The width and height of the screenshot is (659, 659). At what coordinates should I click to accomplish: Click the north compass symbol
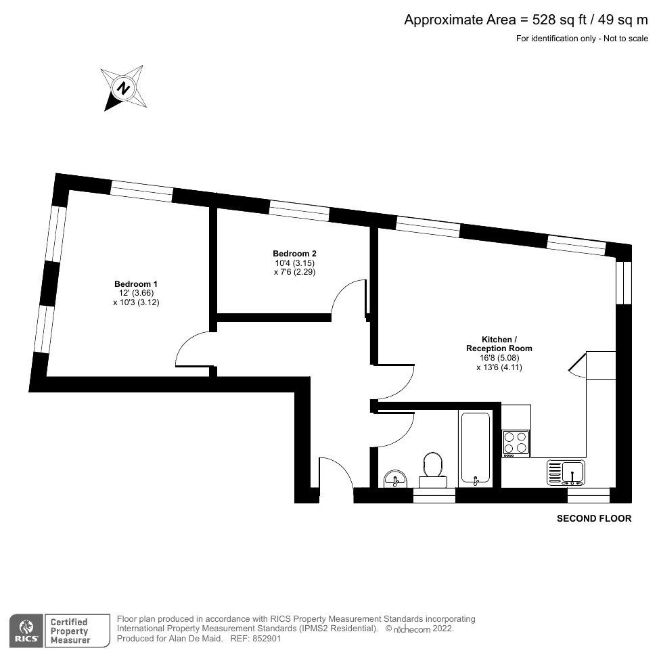[123, 87]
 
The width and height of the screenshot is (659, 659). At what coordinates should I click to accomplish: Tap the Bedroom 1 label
[135, 283]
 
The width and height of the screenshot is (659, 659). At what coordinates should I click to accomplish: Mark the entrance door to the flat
[336, 472]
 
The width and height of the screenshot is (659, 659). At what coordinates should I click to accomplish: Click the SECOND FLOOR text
[593, 519]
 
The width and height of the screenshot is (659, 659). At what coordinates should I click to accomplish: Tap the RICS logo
[27, 630]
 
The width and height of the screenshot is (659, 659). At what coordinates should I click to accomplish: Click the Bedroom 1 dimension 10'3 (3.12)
[135, 302]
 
